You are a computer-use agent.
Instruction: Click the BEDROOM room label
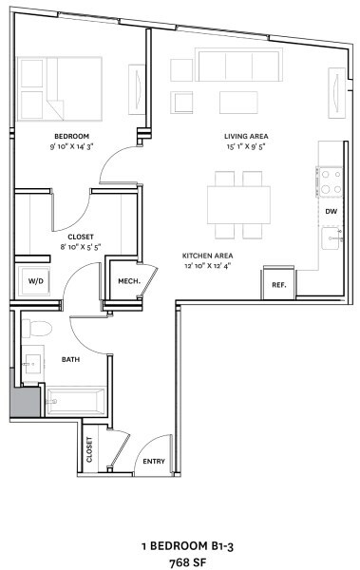[x=71, y=136]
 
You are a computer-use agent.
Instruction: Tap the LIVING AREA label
[x=246, y=136]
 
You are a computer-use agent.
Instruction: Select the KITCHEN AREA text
[x=208, y=256]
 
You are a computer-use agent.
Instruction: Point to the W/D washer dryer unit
[x=35, y=281]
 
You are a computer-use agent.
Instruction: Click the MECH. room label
[x=129, y=281]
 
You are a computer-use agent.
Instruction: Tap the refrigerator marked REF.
[x=279, y=283]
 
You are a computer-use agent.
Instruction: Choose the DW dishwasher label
[x=332, y=211]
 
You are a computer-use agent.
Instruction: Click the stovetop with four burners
[x=329, y=181]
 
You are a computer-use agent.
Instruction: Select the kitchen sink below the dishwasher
[x=332, y=238]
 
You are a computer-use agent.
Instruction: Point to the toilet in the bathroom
[x=37, y=328]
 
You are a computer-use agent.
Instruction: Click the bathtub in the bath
[x=76, y=401]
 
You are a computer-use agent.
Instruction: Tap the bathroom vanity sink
[x=33, y=363]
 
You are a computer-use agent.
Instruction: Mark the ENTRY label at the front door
[x=154, y=462]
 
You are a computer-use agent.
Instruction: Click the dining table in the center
[x=239, y=204]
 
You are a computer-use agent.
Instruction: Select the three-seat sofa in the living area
[x=239, y=65]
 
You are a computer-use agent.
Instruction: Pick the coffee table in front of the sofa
[x=238, y=103]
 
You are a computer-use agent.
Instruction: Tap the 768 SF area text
[x=188, y=562]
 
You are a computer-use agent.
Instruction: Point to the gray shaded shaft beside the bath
[x=25, y=402]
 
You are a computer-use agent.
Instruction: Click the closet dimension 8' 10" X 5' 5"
[x=81, y=247]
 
